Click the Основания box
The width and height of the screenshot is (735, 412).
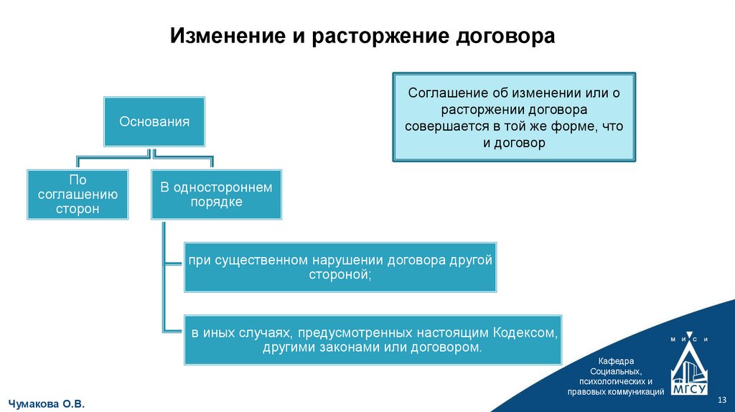point(154,121)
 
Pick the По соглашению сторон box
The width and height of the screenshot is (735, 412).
point(78,194)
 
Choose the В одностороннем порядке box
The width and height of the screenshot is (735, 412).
point(216,194)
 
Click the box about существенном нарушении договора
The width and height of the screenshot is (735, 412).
point(340,267)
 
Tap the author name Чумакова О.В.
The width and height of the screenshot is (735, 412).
point(47,404)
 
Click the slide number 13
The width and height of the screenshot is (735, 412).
point(723,399)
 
